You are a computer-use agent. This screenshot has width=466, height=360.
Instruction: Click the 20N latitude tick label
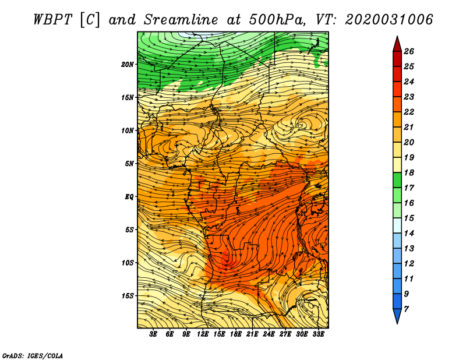[x=127, y=65]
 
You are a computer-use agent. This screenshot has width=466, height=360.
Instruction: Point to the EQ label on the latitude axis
[x=129, y=197]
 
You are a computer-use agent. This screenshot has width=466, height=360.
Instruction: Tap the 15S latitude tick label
[x=128, y=296]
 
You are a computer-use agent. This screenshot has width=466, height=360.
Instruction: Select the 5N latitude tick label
[x=129, y=164]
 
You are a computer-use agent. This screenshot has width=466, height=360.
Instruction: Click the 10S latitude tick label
[x=128, y=263]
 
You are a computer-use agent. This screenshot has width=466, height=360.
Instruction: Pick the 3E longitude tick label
[x=153, y=334]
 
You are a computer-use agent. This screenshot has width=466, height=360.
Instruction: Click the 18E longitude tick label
[x=236, y=334]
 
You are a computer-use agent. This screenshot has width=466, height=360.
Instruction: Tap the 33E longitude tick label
[x=318, y=334]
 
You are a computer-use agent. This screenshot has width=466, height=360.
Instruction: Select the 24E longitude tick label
[x=269, y=334]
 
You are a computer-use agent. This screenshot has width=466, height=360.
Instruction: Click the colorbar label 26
[x=409, y=51]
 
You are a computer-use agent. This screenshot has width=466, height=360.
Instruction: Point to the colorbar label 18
[x=409, y=172]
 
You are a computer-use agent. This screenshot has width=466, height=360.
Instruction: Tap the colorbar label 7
[x=406, y=309]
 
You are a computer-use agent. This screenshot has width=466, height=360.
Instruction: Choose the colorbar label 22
[x=409, y=112]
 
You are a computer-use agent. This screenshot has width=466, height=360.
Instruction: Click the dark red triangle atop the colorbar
[x=397, y=45]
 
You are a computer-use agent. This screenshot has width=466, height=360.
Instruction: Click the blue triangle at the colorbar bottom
[x=397, y=316]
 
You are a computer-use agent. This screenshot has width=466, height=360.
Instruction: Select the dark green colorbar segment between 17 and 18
[x=397, y=180]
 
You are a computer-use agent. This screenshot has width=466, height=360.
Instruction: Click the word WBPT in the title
[x=53, y=20]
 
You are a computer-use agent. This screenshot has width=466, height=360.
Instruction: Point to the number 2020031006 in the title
[x=389, y=20]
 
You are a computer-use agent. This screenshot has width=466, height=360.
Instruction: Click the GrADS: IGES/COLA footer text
[x=33, y=355]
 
